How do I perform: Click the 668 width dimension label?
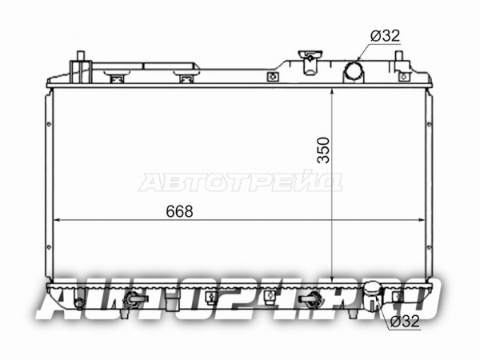[x=179, y=211]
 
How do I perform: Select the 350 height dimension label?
[x=323, y=150]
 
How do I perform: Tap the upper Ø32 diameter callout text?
[x=385, y=36]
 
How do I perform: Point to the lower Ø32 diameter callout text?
[x=405, y=322]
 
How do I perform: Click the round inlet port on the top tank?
[x=354, y=71]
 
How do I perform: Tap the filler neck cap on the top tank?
[x=310, y=54]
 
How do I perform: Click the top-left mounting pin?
[x=81, y=57]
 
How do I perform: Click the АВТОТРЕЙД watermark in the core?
[x=241, y=182]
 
